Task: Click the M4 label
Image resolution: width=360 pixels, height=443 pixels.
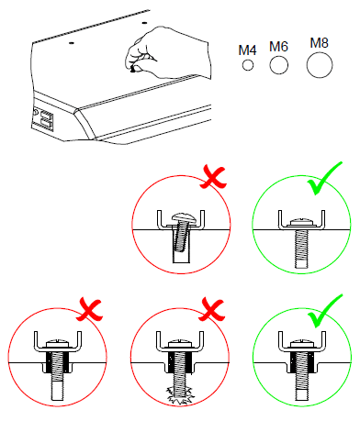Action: (247, 50)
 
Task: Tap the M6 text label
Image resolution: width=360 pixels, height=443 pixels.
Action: (278, 46)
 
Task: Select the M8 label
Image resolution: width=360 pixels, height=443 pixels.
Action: (320, 42)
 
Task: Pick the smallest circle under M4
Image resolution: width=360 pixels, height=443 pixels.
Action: (247, 66)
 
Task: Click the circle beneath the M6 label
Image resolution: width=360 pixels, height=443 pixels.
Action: (278, 65)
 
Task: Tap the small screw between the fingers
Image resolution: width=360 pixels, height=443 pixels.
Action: (136, 67)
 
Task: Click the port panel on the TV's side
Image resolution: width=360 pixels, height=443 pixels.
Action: (43, 119)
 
